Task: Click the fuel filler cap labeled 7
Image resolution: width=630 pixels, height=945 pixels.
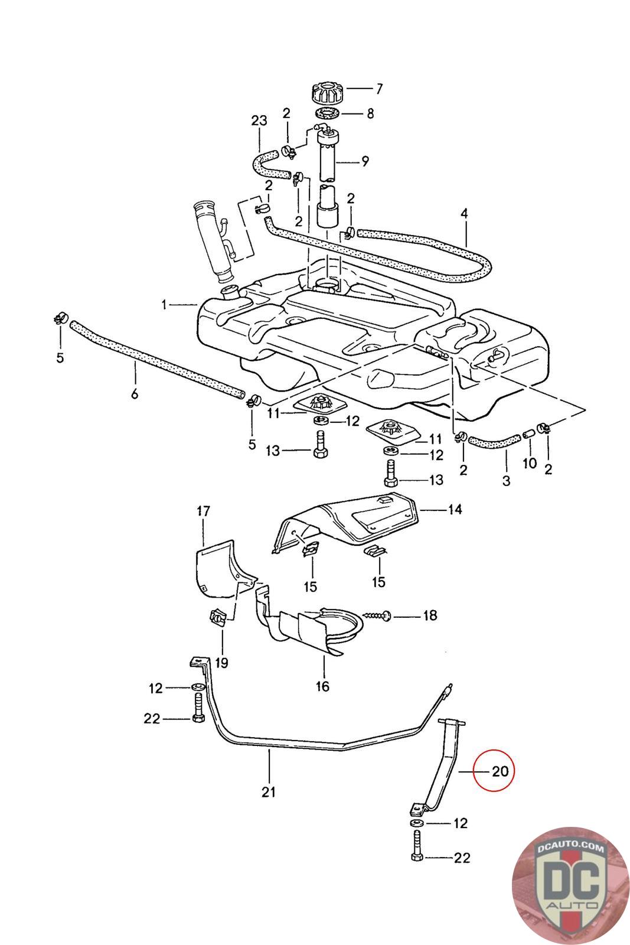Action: click(x=327, y=93)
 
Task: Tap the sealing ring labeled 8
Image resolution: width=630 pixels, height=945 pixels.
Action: click(x=327, y=113)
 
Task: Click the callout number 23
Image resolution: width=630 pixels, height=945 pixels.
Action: click(x=259, y=120)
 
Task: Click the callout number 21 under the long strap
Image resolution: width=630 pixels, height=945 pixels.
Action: click(x=269, y=792)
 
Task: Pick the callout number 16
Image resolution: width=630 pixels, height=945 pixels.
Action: click(x=322, y=686)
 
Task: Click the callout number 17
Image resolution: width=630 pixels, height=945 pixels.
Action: click(x=203, y=511)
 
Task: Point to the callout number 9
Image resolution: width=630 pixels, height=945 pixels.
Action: click(x=365, y=160)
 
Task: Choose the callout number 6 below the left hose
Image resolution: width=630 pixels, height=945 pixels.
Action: click(x=135, y=393)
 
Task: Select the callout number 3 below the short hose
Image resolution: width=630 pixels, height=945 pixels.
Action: click(x=506, y=481)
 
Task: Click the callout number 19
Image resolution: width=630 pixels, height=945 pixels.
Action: click(x=221, y=663)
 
